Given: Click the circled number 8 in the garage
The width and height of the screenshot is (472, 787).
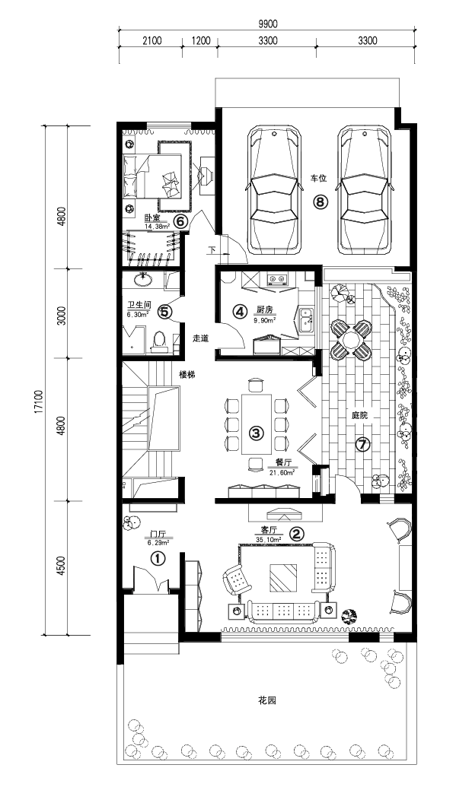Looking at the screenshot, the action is point(321,202).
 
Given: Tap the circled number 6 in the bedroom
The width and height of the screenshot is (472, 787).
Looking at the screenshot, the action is point(180,221).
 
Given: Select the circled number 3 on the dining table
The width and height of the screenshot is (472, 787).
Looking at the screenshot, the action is point(257,432).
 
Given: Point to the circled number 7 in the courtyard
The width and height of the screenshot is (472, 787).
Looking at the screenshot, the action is point(362,444).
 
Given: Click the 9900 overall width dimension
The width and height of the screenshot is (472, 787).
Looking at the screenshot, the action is point(267,24).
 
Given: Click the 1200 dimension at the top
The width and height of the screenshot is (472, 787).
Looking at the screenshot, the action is point(200,41).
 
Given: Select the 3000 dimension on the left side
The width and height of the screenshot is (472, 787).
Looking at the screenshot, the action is point(62,314).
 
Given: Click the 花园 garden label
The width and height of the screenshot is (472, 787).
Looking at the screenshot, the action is point(268,700).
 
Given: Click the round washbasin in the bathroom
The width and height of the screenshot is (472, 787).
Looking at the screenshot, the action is point(144,280).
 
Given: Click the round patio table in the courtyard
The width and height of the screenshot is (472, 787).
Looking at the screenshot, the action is point(347,339).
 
